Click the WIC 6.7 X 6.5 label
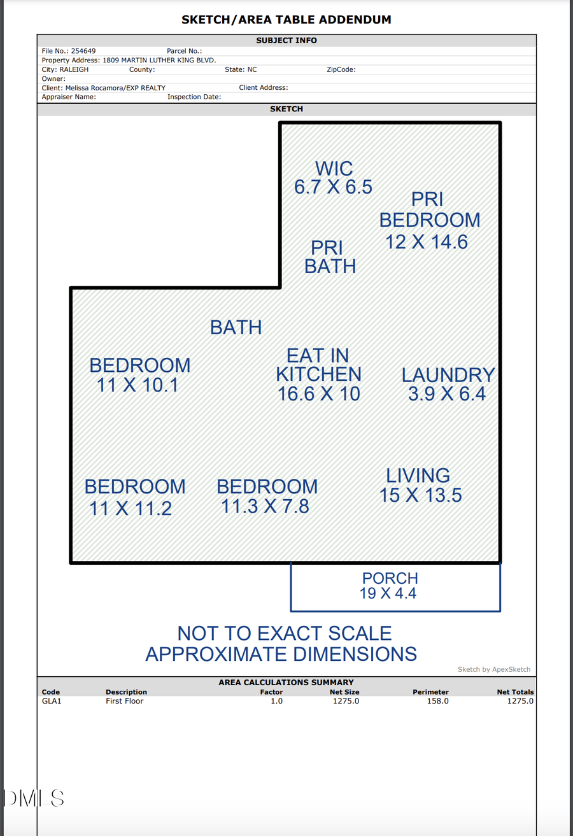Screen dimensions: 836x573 click(x=333, y=178)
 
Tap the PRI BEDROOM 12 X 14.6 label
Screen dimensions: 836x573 click(x=429, y=220)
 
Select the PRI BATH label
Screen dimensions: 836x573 click(x=330, y=257)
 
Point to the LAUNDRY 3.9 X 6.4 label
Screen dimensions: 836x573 click(x=448, y=384)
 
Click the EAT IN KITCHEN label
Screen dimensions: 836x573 click(x=318, y=374)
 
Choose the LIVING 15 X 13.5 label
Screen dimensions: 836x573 click(x=420, y=485)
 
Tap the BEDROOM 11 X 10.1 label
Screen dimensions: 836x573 click(x=139, y=375)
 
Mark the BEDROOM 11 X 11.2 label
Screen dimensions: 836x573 click(x=134, y=497)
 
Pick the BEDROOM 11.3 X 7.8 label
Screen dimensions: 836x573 click(x=267, y=496)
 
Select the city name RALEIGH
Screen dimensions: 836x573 click(x=74, y=69)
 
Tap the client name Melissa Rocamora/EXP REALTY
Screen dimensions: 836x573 click(x=115, y=88)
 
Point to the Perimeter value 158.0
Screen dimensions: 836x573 click(x=437, y=701)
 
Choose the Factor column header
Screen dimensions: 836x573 click(x=271, y=692)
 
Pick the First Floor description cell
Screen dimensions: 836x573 click(x=125, y=701)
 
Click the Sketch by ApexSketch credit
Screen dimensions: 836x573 click(x=493, y=669)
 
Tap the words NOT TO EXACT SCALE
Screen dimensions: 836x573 click(x=284, y=634)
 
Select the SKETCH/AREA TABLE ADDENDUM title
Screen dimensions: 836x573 click(x=286, y=20)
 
